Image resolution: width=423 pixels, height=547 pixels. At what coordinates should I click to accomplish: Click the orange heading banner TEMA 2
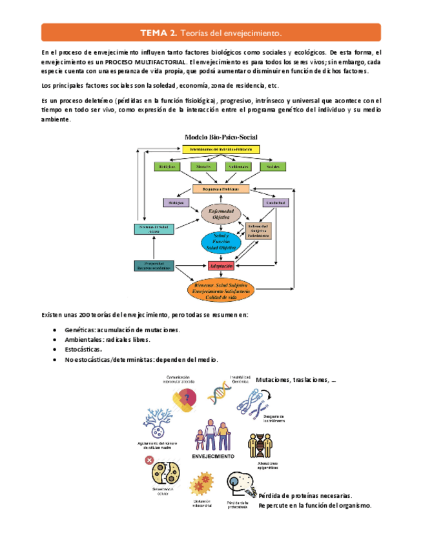[211, 32]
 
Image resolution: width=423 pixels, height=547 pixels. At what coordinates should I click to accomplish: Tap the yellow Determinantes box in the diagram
[220, 150]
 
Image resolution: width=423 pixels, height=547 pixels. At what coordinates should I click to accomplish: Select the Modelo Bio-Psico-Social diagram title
[220, 137]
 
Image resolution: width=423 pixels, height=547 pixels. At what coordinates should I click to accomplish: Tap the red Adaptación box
[220, 266]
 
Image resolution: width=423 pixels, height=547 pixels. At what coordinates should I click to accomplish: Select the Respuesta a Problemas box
[220, 190]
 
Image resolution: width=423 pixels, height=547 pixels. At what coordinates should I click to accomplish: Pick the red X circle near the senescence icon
[150, 461]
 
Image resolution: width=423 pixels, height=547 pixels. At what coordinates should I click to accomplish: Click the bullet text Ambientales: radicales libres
[107, 339]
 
